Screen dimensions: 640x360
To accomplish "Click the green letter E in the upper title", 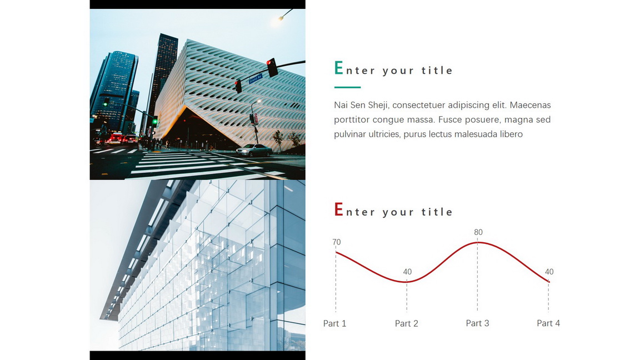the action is (338, 68).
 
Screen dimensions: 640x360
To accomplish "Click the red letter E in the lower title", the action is (338, 209).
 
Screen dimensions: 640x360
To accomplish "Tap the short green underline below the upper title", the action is (347, 87).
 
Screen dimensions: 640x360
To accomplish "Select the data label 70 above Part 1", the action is (336, 242).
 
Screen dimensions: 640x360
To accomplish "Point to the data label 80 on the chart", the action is (478, 232).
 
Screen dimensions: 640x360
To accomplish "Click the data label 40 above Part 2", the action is (407, 272).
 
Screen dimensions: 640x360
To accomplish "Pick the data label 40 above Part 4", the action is (549, 272).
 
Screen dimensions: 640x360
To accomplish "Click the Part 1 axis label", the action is (334, 324).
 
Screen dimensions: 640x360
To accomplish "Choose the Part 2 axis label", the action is (407, 324).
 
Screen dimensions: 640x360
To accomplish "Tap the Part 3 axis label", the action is (478, 323).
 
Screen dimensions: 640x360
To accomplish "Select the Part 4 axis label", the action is (548, 323).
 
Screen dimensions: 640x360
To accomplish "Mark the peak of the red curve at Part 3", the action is (478, 243).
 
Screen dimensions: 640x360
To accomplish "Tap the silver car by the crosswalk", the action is (254, 150).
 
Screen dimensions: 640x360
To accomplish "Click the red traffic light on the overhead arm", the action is (272, 67).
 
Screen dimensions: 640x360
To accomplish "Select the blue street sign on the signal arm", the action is (256, 78).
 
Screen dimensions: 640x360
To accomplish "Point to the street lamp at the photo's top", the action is (281, 18).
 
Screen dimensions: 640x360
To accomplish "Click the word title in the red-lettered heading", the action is (437, 212).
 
